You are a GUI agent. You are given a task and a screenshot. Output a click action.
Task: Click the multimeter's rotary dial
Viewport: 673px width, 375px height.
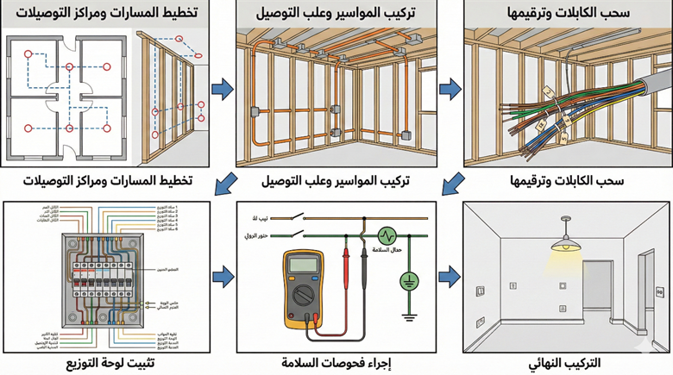305,297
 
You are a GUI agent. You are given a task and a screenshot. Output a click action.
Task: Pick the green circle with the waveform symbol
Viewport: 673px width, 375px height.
387,234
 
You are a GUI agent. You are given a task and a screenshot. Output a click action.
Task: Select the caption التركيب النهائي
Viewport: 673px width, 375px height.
565,363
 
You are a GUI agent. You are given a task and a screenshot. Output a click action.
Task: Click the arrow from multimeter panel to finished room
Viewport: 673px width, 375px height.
449,277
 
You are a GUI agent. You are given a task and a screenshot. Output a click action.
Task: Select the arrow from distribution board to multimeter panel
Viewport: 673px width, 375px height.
223,277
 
